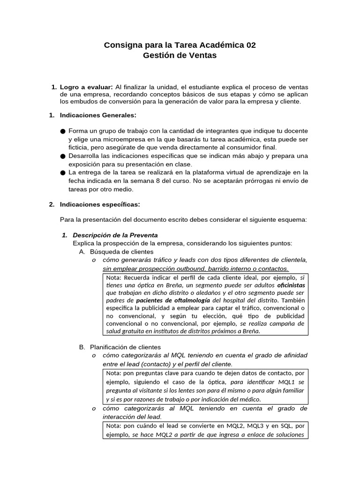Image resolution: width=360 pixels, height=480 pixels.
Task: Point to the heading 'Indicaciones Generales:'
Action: coord(98,115)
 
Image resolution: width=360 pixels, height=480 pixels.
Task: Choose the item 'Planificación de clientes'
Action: coord(125,347)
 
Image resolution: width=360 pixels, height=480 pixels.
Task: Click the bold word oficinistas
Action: coord(291,285)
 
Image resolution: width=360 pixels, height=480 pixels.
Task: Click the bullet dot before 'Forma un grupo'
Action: coord(63,131)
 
